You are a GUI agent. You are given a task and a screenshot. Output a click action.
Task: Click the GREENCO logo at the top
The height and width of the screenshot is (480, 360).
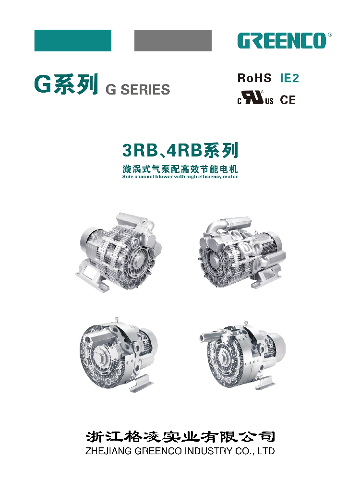coord(282,41)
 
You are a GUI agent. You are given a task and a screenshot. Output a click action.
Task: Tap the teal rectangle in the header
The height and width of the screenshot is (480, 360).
coord(73,41)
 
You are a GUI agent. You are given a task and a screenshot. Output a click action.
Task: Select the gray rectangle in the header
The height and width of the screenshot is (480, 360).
coord(173,41)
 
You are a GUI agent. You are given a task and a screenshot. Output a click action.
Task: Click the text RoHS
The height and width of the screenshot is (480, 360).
coord(254,78)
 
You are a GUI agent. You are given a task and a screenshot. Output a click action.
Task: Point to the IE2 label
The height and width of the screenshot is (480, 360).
coord(289,78)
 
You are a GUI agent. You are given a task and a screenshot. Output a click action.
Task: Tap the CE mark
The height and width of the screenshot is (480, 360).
coord(288,100)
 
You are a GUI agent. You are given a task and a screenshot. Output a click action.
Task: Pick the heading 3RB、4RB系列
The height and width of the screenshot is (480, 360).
coord(180,151)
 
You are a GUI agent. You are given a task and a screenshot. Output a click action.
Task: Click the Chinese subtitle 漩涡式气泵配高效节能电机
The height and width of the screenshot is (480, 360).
coord(180,169)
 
